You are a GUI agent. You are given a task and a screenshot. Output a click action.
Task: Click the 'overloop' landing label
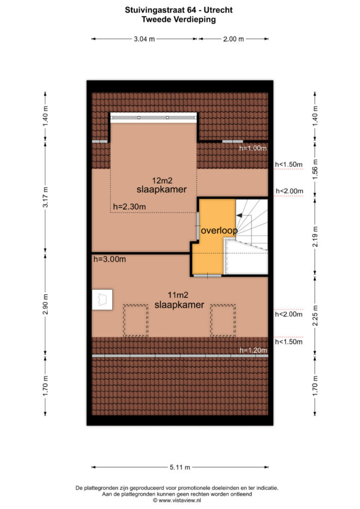click(219, 231)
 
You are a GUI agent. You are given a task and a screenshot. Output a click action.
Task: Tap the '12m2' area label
click(162, 180)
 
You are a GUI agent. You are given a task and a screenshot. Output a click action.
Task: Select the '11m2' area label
click(178, 295)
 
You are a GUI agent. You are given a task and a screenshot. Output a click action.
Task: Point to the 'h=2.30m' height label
click(129, 207)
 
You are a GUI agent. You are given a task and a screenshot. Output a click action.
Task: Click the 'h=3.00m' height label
click(109, 259)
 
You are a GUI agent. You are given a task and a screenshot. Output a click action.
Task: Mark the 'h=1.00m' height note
click(253, 148)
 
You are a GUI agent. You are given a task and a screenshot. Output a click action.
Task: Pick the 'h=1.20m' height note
click(253, 350)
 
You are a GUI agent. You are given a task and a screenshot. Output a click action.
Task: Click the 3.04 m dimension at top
click(144, 39)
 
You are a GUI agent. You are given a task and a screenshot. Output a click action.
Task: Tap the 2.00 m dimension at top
click(233, 39)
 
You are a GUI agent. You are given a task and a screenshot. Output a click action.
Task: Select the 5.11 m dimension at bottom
click(180, 467)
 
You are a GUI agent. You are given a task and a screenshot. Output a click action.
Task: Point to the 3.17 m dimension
click(45, 197)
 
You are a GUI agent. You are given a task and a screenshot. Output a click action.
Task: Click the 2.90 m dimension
click(45, 304)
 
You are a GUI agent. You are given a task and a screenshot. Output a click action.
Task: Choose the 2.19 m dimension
click(315, 236)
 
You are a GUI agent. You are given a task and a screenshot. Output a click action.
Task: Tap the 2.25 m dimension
click(315, 316)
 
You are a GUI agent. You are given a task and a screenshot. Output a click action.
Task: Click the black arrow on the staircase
click(239, 215)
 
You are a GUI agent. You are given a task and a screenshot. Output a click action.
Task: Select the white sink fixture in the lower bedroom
click(102, 300)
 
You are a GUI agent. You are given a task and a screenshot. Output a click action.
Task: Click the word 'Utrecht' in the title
click(218, 10)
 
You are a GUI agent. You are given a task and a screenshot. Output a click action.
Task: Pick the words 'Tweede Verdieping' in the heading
click(179, 19)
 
